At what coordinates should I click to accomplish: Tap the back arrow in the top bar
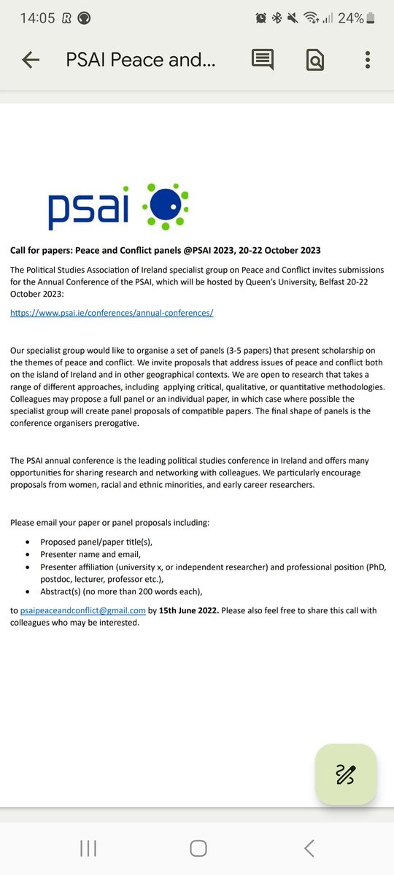[x=31, y=61]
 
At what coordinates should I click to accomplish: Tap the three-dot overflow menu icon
[x=368, y=61]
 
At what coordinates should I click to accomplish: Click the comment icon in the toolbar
[x=263, y=61]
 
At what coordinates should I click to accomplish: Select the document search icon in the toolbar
[x=314, y=61]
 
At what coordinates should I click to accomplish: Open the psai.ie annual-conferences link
[x=112, y=313]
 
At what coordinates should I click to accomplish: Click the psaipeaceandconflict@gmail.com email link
[x=82, y=610]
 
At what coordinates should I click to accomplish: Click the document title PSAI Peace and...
[x=141, y=61]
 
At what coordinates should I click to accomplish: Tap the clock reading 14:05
[x=37, y=18]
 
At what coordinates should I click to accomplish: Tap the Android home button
[x=198, y=848]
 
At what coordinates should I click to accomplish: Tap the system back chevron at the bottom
[x=309, y=848]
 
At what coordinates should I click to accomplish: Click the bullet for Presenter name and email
[x=28, y=555]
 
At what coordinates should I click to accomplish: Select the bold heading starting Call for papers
[x=165, y=251]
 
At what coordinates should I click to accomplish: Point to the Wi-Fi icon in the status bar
[x=312, y=18]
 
